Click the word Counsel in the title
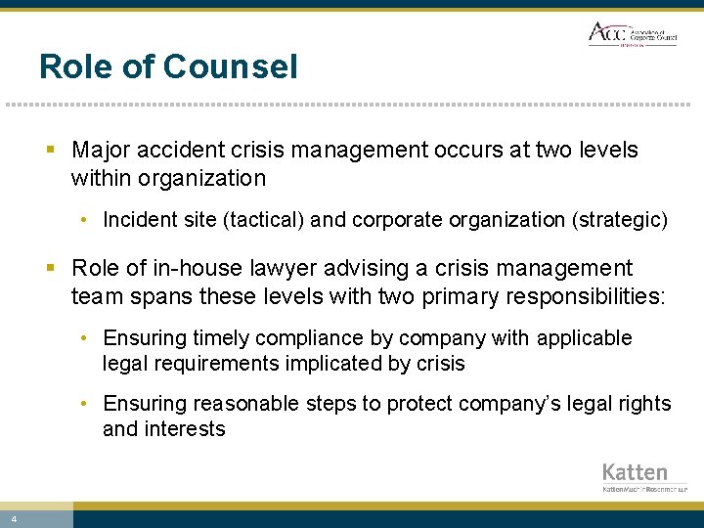point(231,66)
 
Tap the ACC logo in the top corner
point(631,33)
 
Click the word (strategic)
point(619,220)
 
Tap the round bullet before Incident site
point(86,220)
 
